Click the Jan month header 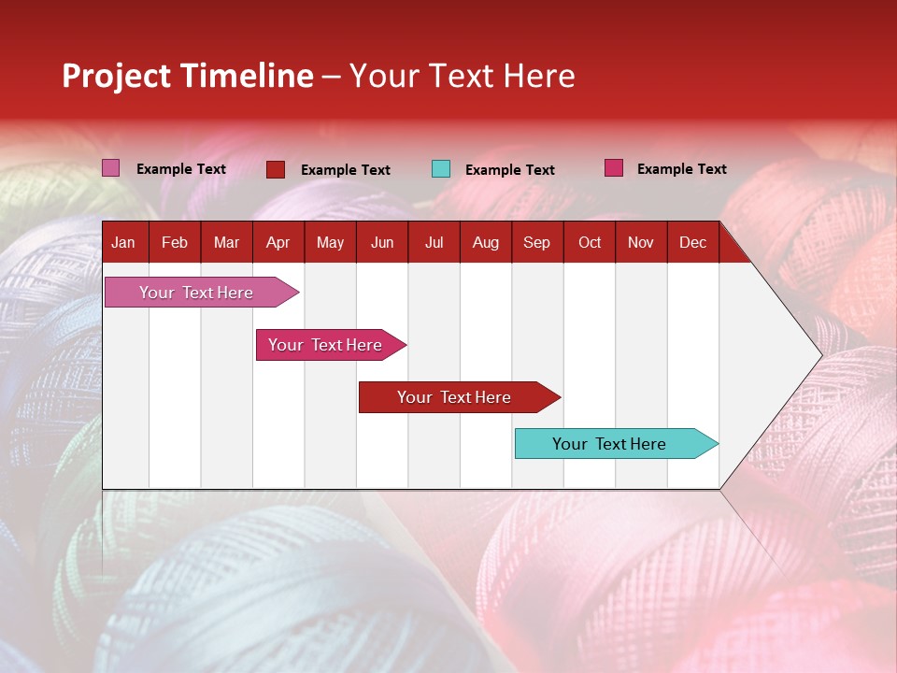point(123,243)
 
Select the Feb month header point(175,243)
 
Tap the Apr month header point(278,243)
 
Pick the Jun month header point(382,243)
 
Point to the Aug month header point(486,243)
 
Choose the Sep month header point(536,243)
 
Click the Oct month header point(590,243)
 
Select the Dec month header point(692,243)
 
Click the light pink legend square point(111,168)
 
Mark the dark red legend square point(276,169)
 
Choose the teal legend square point(441,169)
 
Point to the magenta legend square point(614,168)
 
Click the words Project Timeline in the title point(188,76)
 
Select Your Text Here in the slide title point(462,76)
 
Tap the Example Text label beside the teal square point(509,170)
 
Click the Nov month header point(641,243)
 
